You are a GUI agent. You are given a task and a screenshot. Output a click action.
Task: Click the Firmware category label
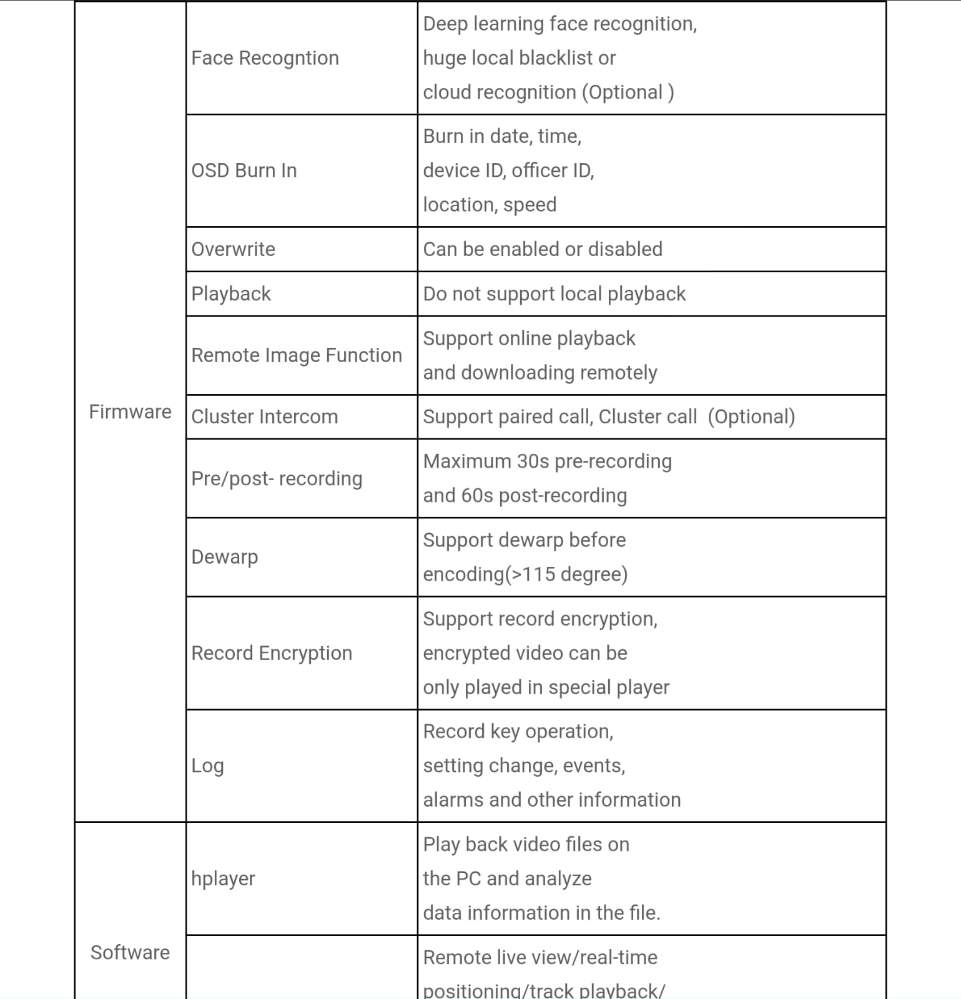tap(130, 412)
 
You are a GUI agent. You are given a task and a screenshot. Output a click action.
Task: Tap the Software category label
tap(130, 952)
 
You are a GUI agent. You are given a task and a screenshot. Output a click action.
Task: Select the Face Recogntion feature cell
tap(265, 58)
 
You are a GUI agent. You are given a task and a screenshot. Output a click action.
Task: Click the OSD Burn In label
tap(244, 170)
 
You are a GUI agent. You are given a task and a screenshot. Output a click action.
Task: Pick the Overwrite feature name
tap(233, 249)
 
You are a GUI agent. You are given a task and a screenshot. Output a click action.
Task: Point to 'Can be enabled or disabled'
tap(543, 249)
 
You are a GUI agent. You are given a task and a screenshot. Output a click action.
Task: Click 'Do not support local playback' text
tap(554, 293)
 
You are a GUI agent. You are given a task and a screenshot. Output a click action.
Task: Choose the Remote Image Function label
tap(297, 355)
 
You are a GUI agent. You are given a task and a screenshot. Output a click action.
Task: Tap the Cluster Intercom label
tap(264, 416)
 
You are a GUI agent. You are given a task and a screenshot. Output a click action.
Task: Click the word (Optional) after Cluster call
tap(751, 416)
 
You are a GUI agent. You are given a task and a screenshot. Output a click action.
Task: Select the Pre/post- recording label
tap(277, 478)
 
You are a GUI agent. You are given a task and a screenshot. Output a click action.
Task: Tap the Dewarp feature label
tap(224, 557)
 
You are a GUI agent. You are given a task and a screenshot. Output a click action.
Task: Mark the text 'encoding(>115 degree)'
tap(525, 574)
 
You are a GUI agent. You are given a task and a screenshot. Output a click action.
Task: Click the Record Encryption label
tap(272, 653)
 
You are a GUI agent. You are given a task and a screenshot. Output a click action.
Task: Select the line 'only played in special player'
tap(546, 687)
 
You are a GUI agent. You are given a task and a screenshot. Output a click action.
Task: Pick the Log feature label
tap(207, 765)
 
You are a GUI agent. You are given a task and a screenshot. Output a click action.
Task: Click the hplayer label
tap(223, 878)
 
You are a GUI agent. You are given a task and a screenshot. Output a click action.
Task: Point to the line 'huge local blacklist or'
tap(519, 58)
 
